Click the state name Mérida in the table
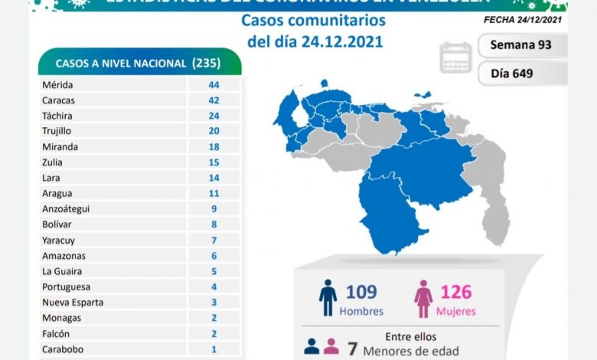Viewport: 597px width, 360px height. (59, 84)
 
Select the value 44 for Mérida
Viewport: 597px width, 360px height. (214, 84)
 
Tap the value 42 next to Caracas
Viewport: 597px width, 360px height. (214, 100)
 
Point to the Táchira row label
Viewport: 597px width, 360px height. (60, 116)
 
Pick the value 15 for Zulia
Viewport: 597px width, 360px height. (214, 162)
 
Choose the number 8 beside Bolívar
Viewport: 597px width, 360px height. (214, 224)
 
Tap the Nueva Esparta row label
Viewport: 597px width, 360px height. (73, 302)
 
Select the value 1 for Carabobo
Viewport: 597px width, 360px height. (214, 349)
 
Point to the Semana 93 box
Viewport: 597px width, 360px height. (522, 45)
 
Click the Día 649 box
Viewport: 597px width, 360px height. (522, 74)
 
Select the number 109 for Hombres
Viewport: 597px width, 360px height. (360, 292)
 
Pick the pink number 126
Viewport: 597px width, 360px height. (456, 292)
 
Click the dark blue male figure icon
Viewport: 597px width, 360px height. (328, 298)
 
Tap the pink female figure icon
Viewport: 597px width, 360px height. (422, 298)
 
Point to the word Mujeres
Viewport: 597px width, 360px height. (456, 312)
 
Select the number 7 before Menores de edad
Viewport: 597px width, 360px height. (353, 350)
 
